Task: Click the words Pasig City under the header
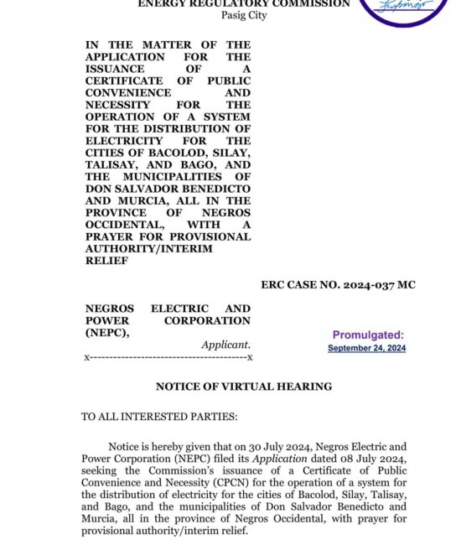click(x=243, y=15)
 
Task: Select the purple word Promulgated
click(x=368, y=335)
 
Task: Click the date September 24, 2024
click(x=366, y=348)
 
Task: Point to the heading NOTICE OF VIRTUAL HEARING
click(x=244, y=387)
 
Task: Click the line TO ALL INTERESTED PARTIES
click(x=159, y=417)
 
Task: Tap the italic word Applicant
click(x=225, y=345)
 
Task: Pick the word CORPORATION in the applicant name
click(x=207, y=320)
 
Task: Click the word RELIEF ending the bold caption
click(x=105, y=261)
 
